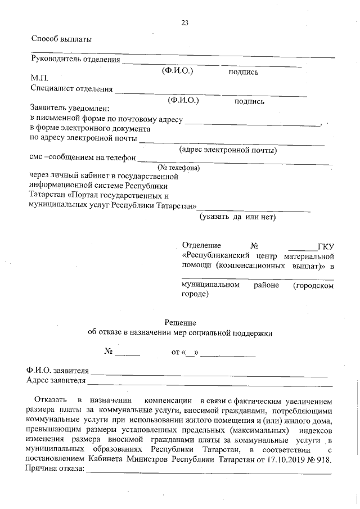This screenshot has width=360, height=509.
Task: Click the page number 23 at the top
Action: [184, 23]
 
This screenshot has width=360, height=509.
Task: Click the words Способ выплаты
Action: [61, 39]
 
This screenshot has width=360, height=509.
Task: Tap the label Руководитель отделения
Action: [75, 60]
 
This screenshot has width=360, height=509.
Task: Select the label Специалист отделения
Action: [71, 89]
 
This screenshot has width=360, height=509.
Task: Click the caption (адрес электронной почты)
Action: [227, 150]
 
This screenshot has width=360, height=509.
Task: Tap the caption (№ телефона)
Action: [179, 168]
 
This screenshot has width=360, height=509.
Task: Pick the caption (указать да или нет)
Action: [237, 217]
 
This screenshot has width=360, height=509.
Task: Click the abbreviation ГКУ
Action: [326, 246]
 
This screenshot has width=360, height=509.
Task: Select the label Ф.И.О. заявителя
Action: [58, 372]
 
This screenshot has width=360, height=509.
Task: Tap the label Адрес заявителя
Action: [56, 381]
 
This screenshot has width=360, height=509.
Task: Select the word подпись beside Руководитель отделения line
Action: [243, 72]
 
